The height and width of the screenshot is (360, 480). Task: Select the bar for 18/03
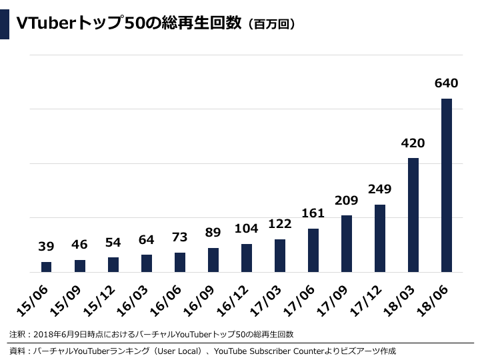(413, 215)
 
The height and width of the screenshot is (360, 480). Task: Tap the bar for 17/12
(380, 238)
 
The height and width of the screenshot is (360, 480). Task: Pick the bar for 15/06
(46, 267)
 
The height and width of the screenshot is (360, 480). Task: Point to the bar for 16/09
(213, 260)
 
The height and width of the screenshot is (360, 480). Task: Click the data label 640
(446, 83)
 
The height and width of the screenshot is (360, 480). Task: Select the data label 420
(413, 143)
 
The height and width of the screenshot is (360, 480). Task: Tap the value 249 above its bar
(379, 189)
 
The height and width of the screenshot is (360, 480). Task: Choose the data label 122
(279, 224)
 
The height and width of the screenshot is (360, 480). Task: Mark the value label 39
(46, 247)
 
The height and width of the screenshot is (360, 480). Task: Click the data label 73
(179, 237)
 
